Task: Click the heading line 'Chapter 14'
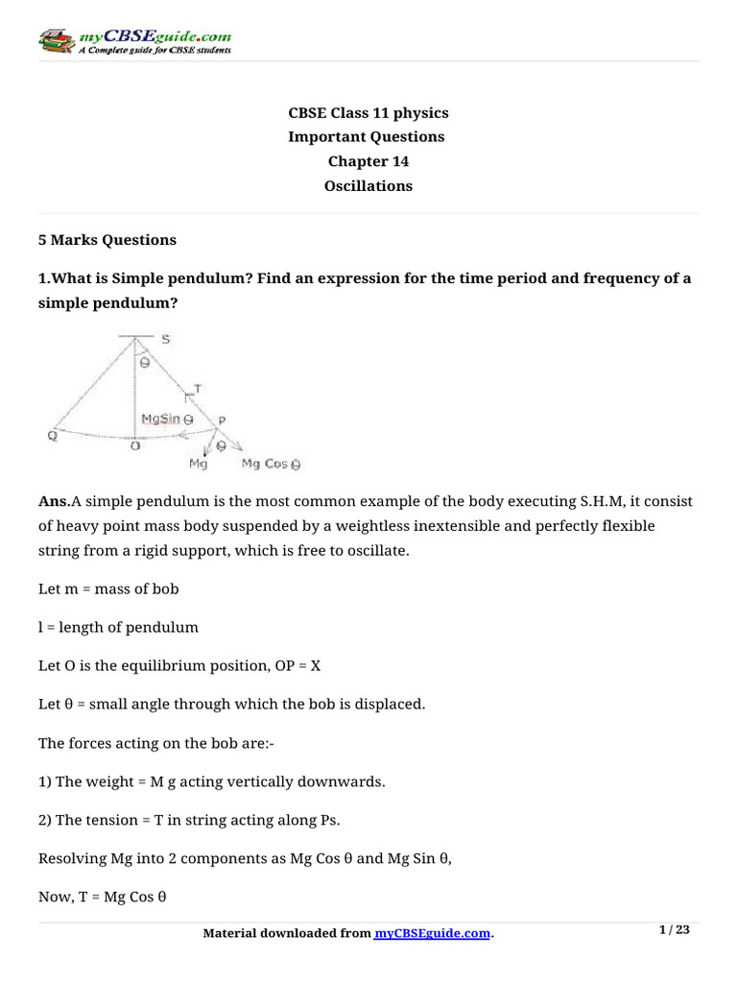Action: tap(368, 161)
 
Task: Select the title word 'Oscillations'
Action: tap(368, 186)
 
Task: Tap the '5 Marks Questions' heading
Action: tap(107, 239)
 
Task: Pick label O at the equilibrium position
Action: tap(134, 444)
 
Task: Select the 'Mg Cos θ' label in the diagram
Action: tap(271, 464)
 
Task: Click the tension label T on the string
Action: tap(196, 387)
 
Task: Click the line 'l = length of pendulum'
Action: tap(118, 627)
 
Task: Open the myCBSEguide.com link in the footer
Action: tap(433, 934)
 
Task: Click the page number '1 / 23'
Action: tap(676, 929)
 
